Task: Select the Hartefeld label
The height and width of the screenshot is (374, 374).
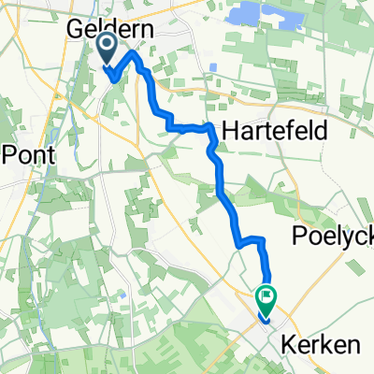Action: coord(274,132)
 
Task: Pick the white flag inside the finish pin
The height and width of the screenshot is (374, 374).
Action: coord(266,296)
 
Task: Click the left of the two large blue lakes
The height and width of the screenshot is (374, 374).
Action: coord(247,15)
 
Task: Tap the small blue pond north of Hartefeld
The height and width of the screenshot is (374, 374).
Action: coord(214,66)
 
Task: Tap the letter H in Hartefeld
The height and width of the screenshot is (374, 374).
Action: coord(228,132)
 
